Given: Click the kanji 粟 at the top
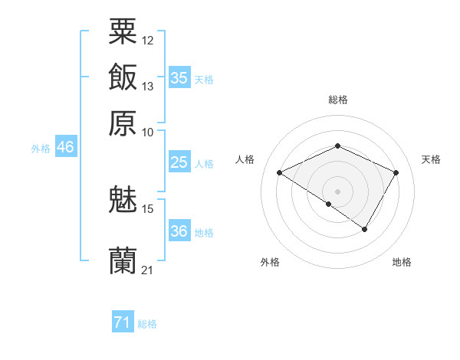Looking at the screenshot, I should [123, 32].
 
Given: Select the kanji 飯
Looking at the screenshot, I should [123, 77].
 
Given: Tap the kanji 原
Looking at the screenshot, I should [123, 123].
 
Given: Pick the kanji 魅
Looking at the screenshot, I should [123, 200].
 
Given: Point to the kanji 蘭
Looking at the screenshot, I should [123, 261].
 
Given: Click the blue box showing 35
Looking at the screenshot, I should [179, 78].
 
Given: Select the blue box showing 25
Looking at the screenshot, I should [179, 162].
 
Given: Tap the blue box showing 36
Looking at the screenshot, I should [179, 231].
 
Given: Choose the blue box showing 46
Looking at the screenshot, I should [65, 148].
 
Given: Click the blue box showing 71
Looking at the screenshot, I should [122, 322].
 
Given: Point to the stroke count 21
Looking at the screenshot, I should [148, 270].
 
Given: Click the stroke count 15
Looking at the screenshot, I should [148, 208].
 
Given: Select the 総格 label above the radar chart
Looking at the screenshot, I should [338, 100].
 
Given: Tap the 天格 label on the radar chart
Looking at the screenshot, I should [431, 159].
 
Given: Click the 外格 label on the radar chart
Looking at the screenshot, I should [270, 262].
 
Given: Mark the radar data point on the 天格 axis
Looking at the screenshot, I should [396, 173].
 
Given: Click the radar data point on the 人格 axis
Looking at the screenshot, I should [280, 173].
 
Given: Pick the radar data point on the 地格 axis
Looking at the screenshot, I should [365, 229].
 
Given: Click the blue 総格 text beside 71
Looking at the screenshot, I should [147, 324].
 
